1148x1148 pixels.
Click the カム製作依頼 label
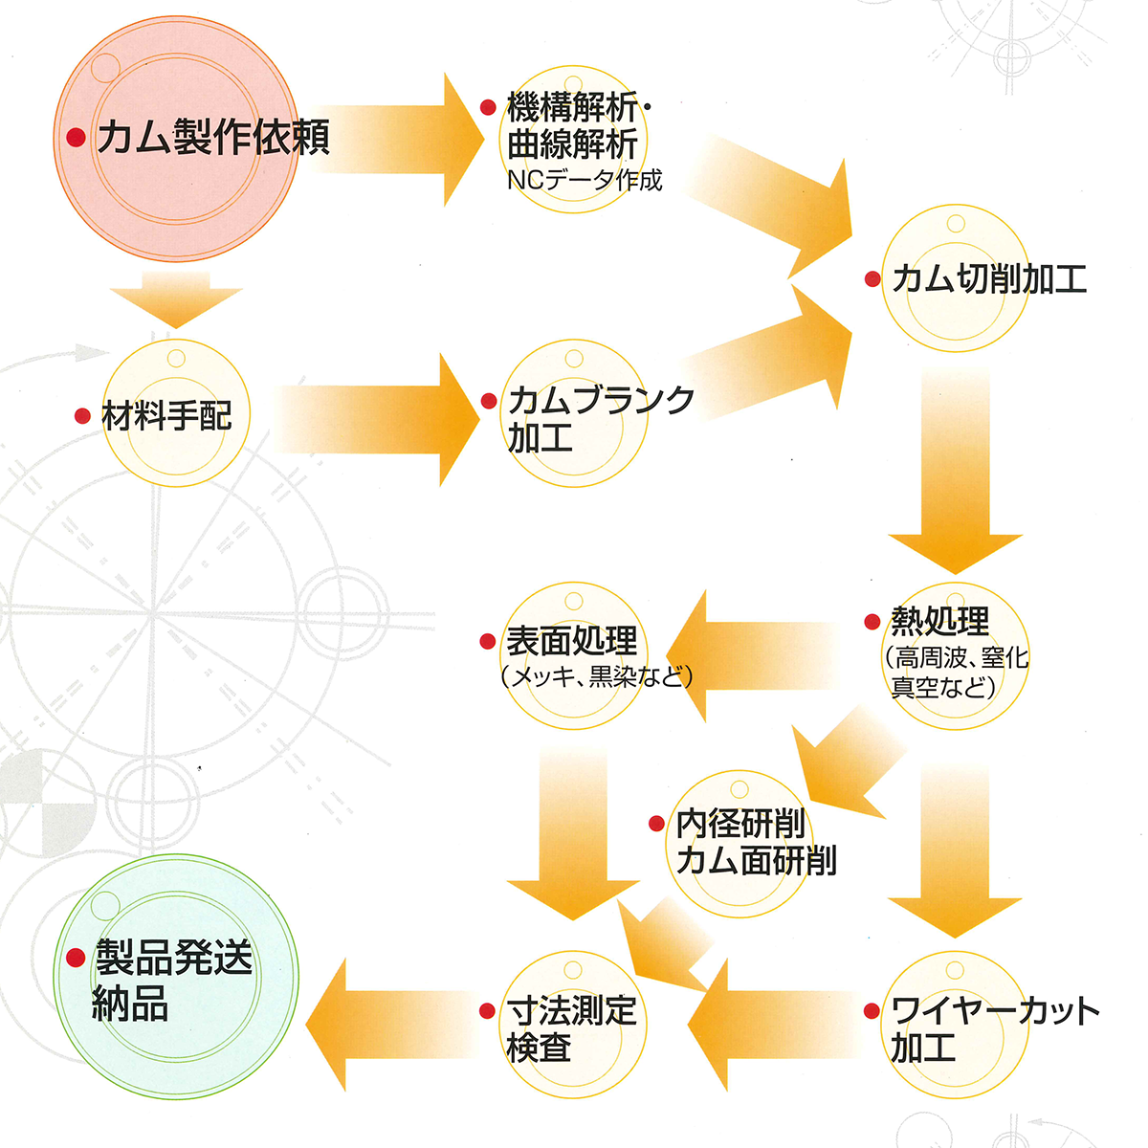pos(213,138)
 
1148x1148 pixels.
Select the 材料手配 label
pos(166,416)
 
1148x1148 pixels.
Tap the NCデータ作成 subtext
pos(584,180)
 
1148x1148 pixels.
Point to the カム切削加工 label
pos(989,279)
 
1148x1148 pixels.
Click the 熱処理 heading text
pos(940,622)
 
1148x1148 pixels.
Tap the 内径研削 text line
pos(740,823)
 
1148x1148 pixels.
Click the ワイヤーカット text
pos(995,1010)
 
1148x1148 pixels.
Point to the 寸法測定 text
pos(571,1010)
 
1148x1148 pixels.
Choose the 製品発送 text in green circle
pos(173,958)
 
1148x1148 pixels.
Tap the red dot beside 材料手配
pos(83,416)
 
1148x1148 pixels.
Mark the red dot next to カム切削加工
pos(872,279)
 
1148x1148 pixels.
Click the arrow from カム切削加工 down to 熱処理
pos(955,469)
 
